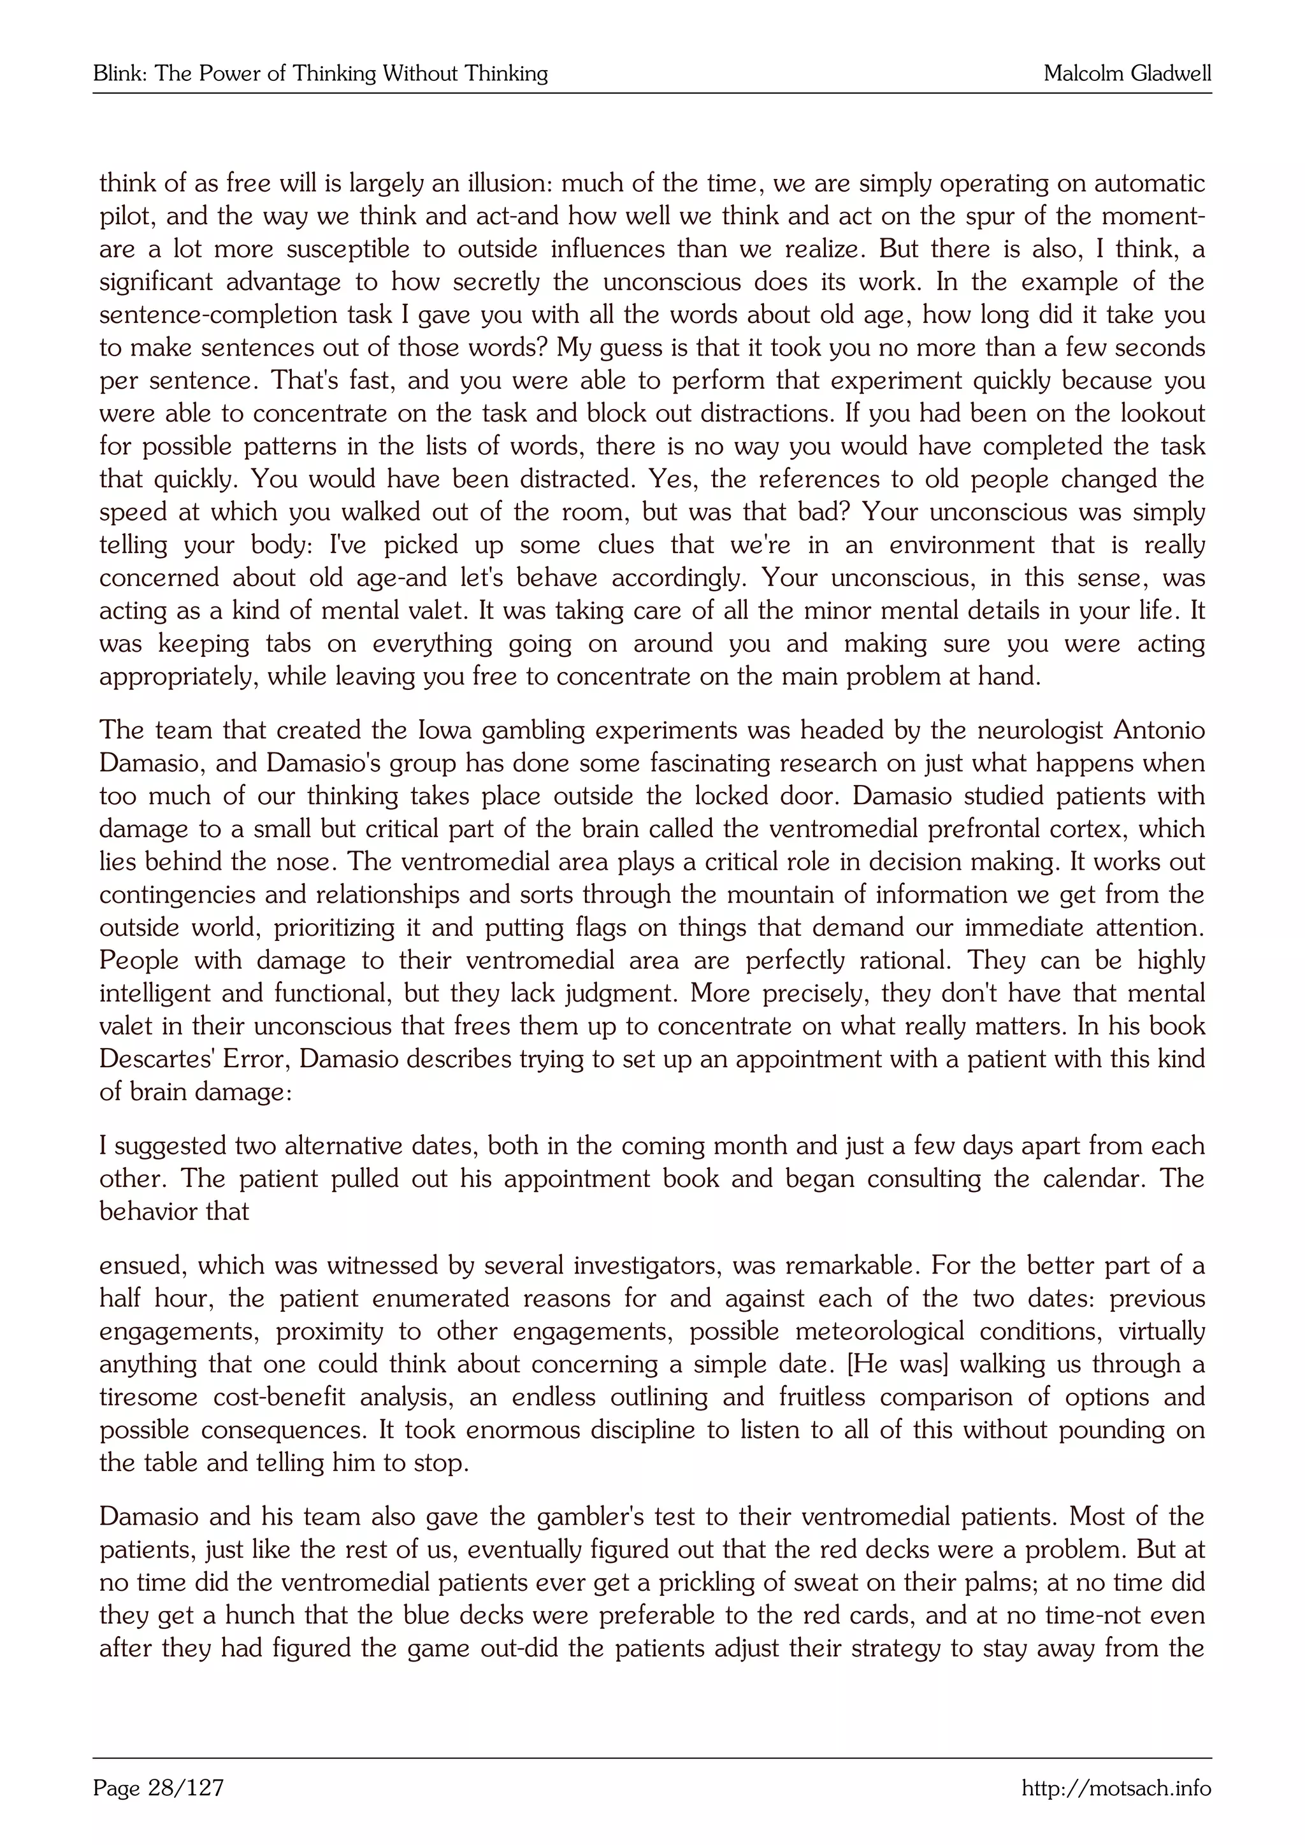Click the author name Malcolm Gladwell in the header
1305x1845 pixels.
point(1127,74)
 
